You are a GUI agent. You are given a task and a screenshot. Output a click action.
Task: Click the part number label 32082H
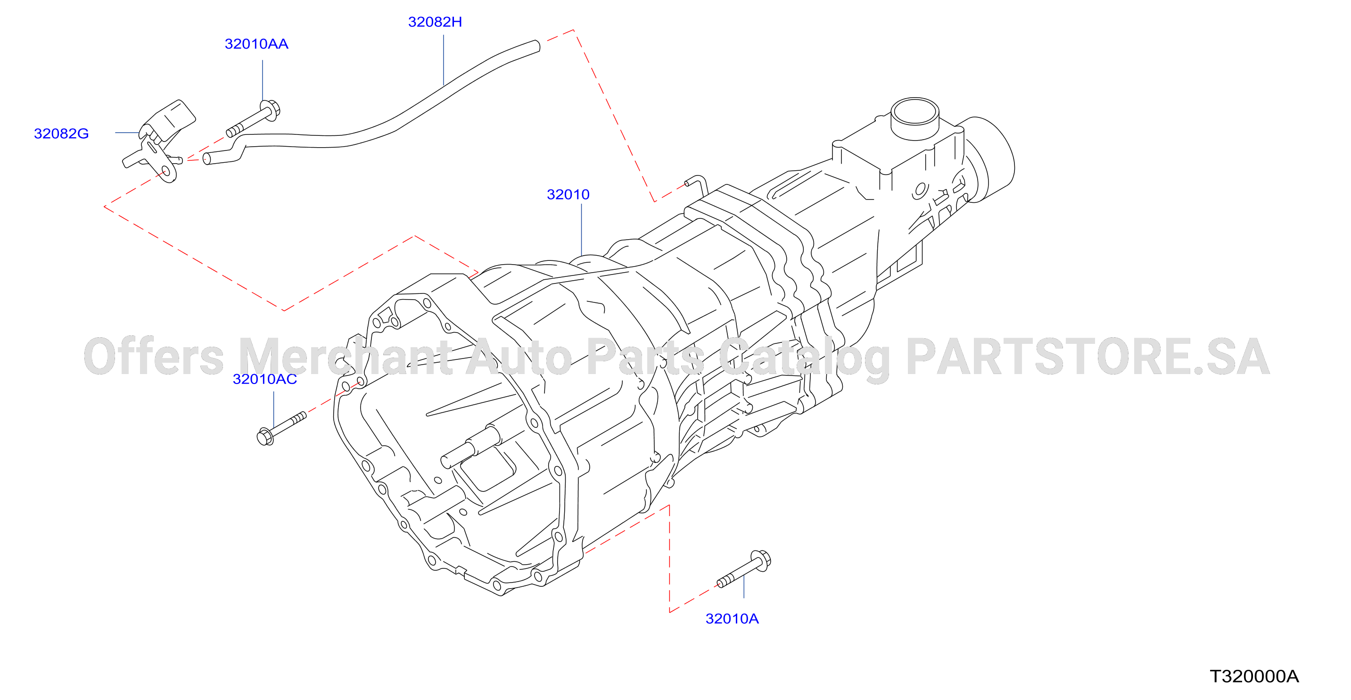tap(435, 22)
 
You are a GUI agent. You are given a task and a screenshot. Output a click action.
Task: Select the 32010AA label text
tap(256, 44)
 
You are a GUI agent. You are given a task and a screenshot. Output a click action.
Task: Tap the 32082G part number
tap(61, 134)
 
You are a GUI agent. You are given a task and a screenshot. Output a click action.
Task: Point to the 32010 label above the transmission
tap(568, 195)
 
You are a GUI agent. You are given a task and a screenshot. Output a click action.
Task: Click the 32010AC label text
tap(265, 379)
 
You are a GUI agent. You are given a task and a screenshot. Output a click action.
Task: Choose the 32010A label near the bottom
tap(732, 619)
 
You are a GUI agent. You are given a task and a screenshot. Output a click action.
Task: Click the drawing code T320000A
tap(1254, 676)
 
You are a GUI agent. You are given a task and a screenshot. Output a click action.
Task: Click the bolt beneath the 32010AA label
tap(253, 119)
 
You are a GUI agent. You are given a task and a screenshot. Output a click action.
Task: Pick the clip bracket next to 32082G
tap(159, 141)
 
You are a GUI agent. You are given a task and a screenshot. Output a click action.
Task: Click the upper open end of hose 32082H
tap(536, 46)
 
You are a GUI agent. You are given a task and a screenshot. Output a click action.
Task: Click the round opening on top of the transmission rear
tap(915, 112)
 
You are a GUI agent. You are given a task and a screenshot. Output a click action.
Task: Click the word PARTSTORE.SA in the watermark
tap(1088, 357)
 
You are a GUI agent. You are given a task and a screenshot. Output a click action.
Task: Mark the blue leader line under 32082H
tap(444, 60)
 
